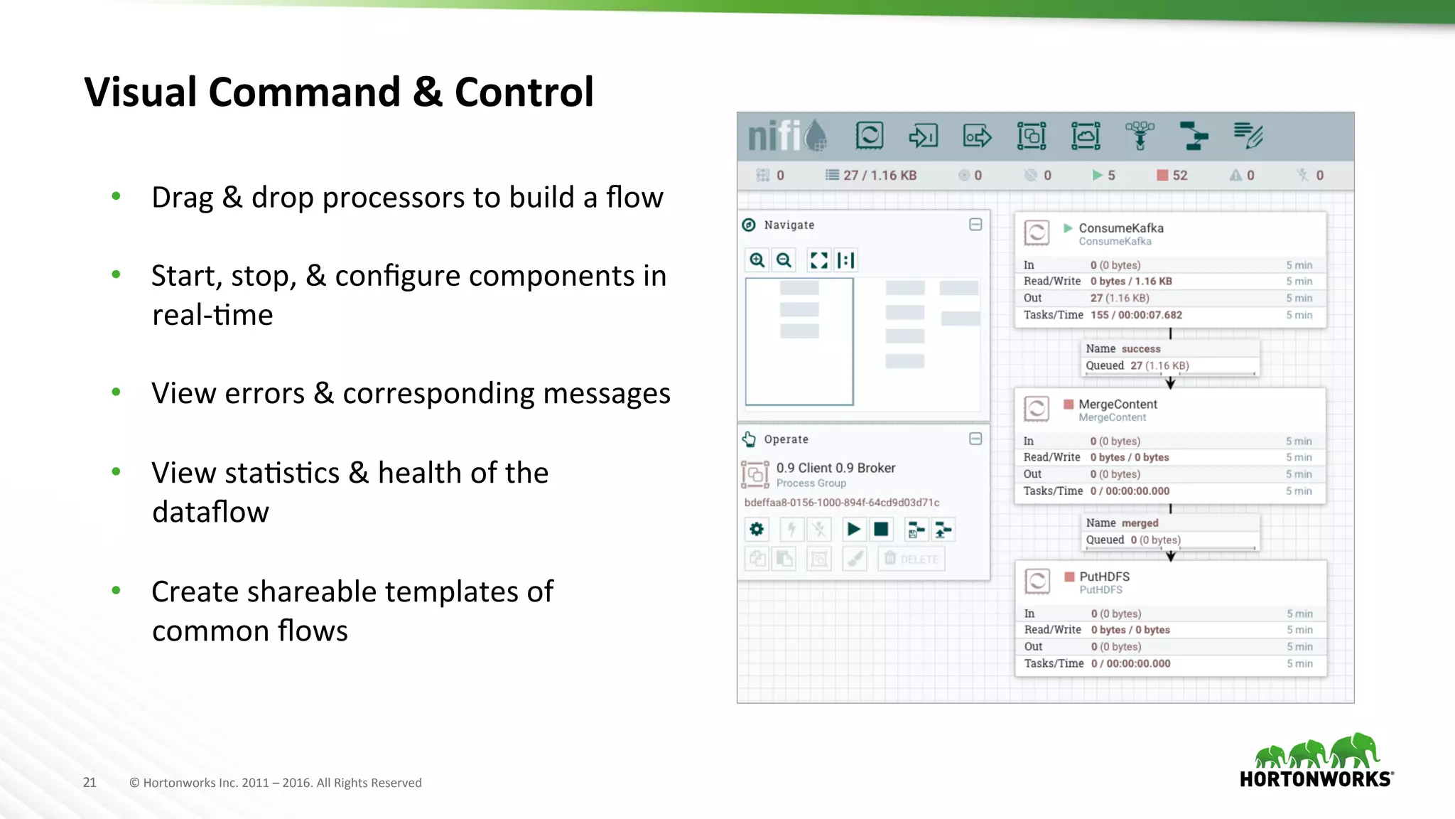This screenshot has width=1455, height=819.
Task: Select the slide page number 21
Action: click(x=90, y=783)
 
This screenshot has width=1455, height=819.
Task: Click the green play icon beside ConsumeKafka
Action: click(x=1067, y=228)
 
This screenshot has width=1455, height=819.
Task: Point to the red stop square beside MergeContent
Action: click(x=1068, y=405)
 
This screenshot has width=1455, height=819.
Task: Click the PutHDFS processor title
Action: click(x=1104, y=577)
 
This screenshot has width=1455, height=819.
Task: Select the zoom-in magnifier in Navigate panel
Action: click(x=757, y=260)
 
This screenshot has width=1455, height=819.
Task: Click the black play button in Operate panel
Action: click(x=853, y=529)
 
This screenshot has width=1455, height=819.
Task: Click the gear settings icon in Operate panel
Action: click(x=757, y=529)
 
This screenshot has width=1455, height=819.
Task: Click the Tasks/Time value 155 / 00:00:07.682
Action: click(x=1136, y=315)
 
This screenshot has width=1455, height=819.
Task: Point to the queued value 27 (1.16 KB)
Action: click(x=1159, y=365)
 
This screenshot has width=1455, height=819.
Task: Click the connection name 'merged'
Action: click(x=1140, y=523)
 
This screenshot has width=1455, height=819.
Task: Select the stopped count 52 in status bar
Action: click(x=1179, y=176)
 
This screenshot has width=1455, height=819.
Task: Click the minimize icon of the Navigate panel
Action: click(x=975, y=225)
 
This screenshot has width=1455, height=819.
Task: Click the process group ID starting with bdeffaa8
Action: click(x=841, y=503)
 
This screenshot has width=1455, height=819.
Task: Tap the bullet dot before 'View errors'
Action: click(x=116, y=392)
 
